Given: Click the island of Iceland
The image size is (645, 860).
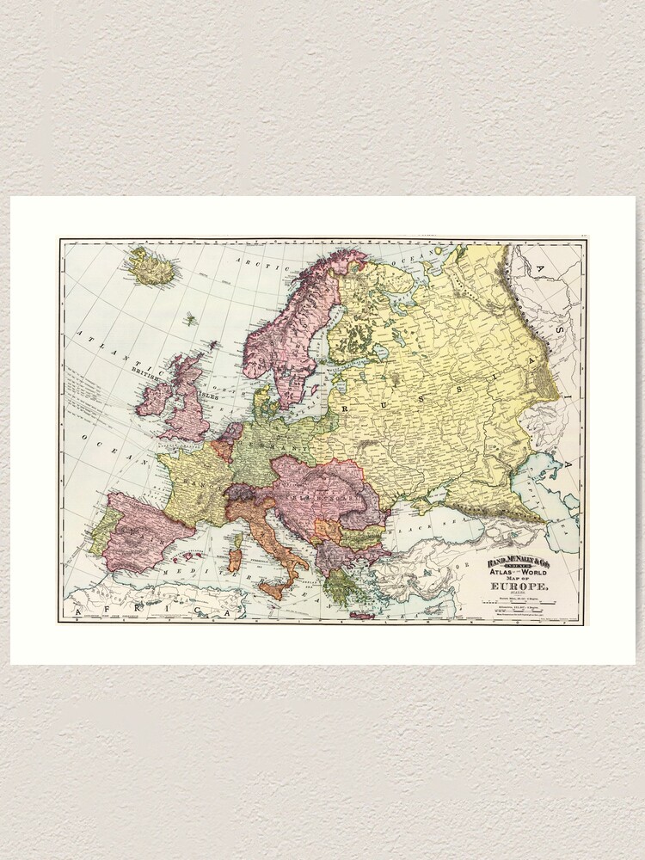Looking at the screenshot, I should tap(151, 267).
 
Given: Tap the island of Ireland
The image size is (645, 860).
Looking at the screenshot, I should tap(154, 397).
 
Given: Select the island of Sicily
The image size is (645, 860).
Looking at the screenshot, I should tap(273, 589).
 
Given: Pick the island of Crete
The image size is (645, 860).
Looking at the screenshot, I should tap(362, 615).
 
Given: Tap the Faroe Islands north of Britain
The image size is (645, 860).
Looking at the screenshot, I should tap(189, 319).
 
